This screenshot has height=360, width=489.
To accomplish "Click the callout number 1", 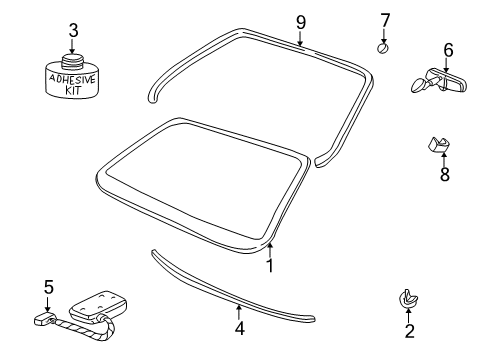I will click(268, 266).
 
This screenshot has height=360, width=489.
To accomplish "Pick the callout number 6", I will click(447, 49).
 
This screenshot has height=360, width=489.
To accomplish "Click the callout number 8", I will click(445, 174).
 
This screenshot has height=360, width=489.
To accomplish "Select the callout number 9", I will click(299, 21).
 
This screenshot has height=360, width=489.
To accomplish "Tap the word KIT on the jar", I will click(74, 89).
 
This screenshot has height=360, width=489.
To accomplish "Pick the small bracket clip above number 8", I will click(439, 147).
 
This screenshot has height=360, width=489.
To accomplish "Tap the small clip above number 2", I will click(408, 297).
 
